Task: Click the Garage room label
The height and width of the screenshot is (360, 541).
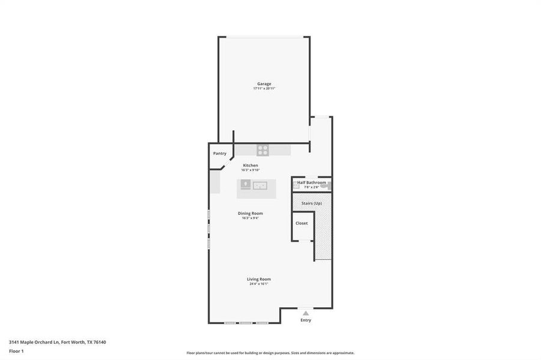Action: [x=264, y=83]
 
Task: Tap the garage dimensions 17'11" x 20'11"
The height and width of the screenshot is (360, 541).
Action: [x=264, y=88]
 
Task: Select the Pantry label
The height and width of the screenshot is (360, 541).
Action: [x=220, y=154]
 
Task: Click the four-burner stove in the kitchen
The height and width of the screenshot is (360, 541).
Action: [x=262, y=150]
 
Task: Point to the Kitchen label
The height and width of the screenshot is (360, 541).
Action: [x=250, y=165]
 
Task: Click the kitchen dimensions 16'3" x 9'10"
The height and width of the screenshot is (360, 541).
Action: [x=250, y=170]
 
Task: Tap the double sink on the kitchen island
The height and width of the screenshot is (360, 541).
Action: [x=260, y=185]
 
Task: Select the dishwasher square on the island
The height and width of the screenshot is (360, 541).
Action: [x=246, y=185]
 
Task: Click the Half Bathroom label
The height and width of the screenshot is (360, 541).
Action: [x=312, y=182]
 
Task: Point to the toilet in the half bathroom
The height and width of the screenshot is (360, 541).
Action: [x=325, y=187]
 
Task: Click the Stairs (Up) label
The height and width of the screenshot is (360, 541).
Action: [x=312, y=203]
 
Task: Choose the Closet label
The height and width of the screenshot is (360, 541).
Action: [x=301, y=223]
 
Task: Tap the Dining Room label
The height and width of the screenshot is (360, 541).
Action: [x=250, y=213]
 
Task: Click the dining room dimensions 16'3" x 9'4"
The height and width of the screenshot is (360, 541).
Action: [x=250, y=218]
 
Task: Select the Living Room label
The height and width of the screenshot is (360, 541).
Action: [x=259, y=279]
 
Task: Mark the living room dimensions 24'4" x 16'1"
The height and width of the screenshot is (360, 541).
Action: [x=259, y=284]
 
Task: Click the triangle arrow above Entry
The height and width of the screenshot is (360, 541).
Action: [x=306, y=313]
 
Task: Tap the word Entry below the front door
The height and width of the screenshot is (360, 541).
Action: [x=306, y=320]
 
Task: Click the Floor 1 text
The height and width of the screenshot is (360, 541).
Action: [x=16, y=350]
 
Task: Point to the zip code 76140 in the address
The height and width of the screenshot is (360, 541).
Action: [x=100, y=342]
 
